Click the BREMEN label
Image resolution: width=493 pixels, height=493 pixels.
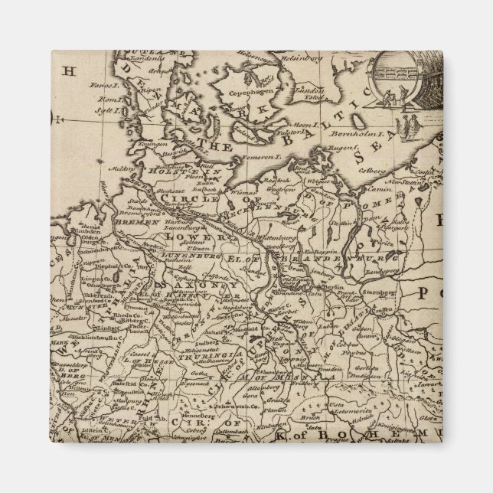point(133,220)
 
